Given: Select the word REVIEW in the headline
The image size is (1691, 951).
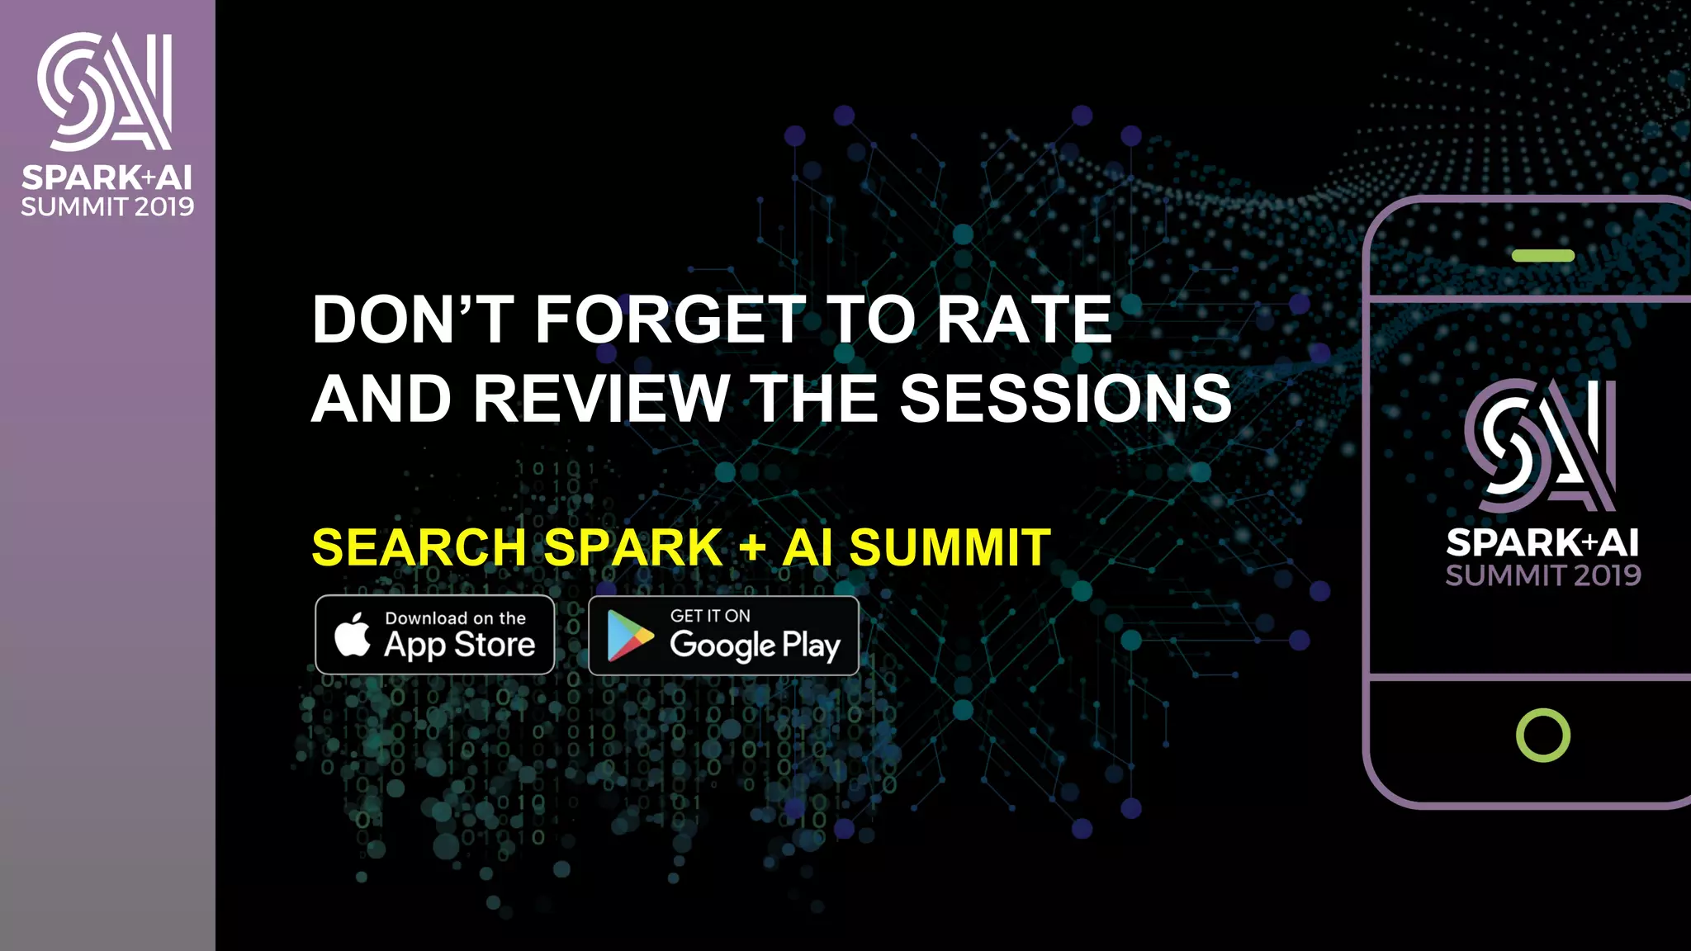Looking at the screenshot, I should (x=602, y=399).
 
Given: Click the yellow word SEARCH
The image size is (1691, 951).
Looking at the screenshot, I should (x=419, y=547).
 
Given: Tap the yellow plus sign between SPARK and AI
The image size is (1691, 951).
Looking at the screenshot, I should (x=752, y=548).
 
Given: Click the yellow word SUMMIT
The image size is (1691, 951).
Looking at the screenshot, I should (x=950, y=547).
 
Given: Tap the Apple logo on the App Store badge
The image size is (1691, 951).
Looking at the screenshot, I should (x=353, y=636).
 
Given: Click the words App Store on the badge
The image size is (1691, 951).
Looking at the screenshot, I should (x=460, y=645).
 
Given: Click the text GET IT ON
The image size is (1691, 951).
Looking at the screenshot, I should (x=710, y=616).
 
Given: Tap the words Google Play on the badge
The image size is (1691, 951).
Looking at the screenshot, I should (x=755, y=646).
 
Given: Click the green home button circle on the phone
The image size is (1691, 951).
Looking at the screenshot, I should (x=1542, y=735).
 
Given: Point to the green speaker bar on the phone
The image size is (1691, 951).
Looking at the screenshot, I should (x=1542, y=256).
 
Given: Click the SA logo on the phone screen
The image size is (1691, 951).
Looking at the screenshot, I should (x=1541, y=446).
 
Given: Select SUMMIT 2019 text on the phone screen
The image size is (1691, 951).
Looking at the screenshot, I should (x=1542, y=575).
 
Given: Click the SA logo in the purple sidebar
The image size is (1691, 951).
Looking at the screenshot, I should (x=105, y=92).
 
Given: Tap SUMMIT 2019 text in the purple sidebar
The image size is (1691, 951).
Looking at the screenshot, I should (x=107, y=206).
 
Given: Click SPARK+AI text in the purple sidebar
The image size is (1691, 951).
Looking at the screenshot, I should (x=107, y=177).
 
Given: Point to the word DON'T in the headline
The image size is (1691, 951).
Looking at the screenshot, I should (x=414, y=319).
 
